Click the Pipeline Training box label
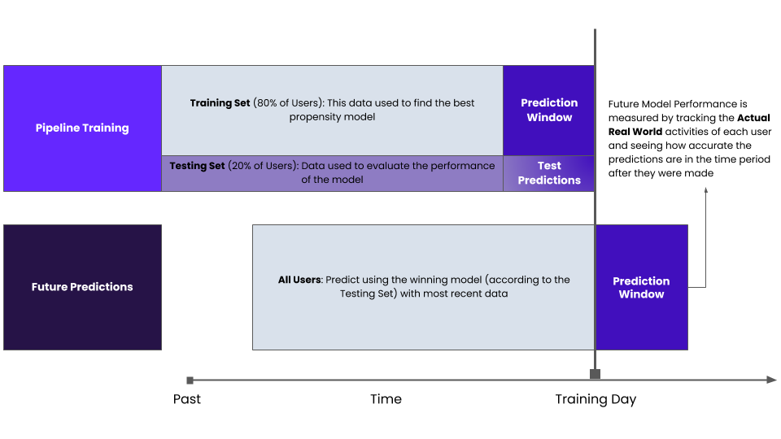pyautogui.click(x=82, y=128)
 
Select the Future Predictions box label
pyautogui.click(x=82, y=287)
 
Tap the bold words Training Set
pyautogui.click(x=220, y=103)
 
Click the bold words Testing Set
pyautogui.click(x=197, y=166)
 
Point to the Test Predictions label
pyautogui.click(x=549, y=172)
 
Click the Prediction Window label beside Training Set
pyautogui.click(x=549, y=110)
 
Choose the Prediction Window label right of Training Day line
pyautogui.click(x=641, y=288)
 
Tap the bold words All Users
pyautogui.click(x=299, y=280)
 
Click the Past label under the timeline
pyautogui.click(x=187, y=399)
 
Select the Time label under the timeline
pyautogui.click(x=386, y=399)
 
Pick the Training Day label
pyautogui.click(x=596, y=400)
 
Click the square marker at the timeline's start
pyautogui.click(x=190, y=380)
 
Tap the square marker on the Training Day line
pyautogui.click(x=595, y=374)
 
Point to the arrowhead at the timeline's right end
pyautogui.click(x=771, y=380)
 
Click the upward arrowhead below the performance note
pyautogui.click(x=706, y=190)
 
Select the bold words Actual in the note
pyautogui.click(x=753, y=118)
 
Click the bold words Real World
pyautogui.click(x=635, y=132)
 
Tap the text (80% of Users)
pyautogui.click(x=288, y=103)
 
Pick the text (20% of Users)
pyautogui.click(x=263, y=166)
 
